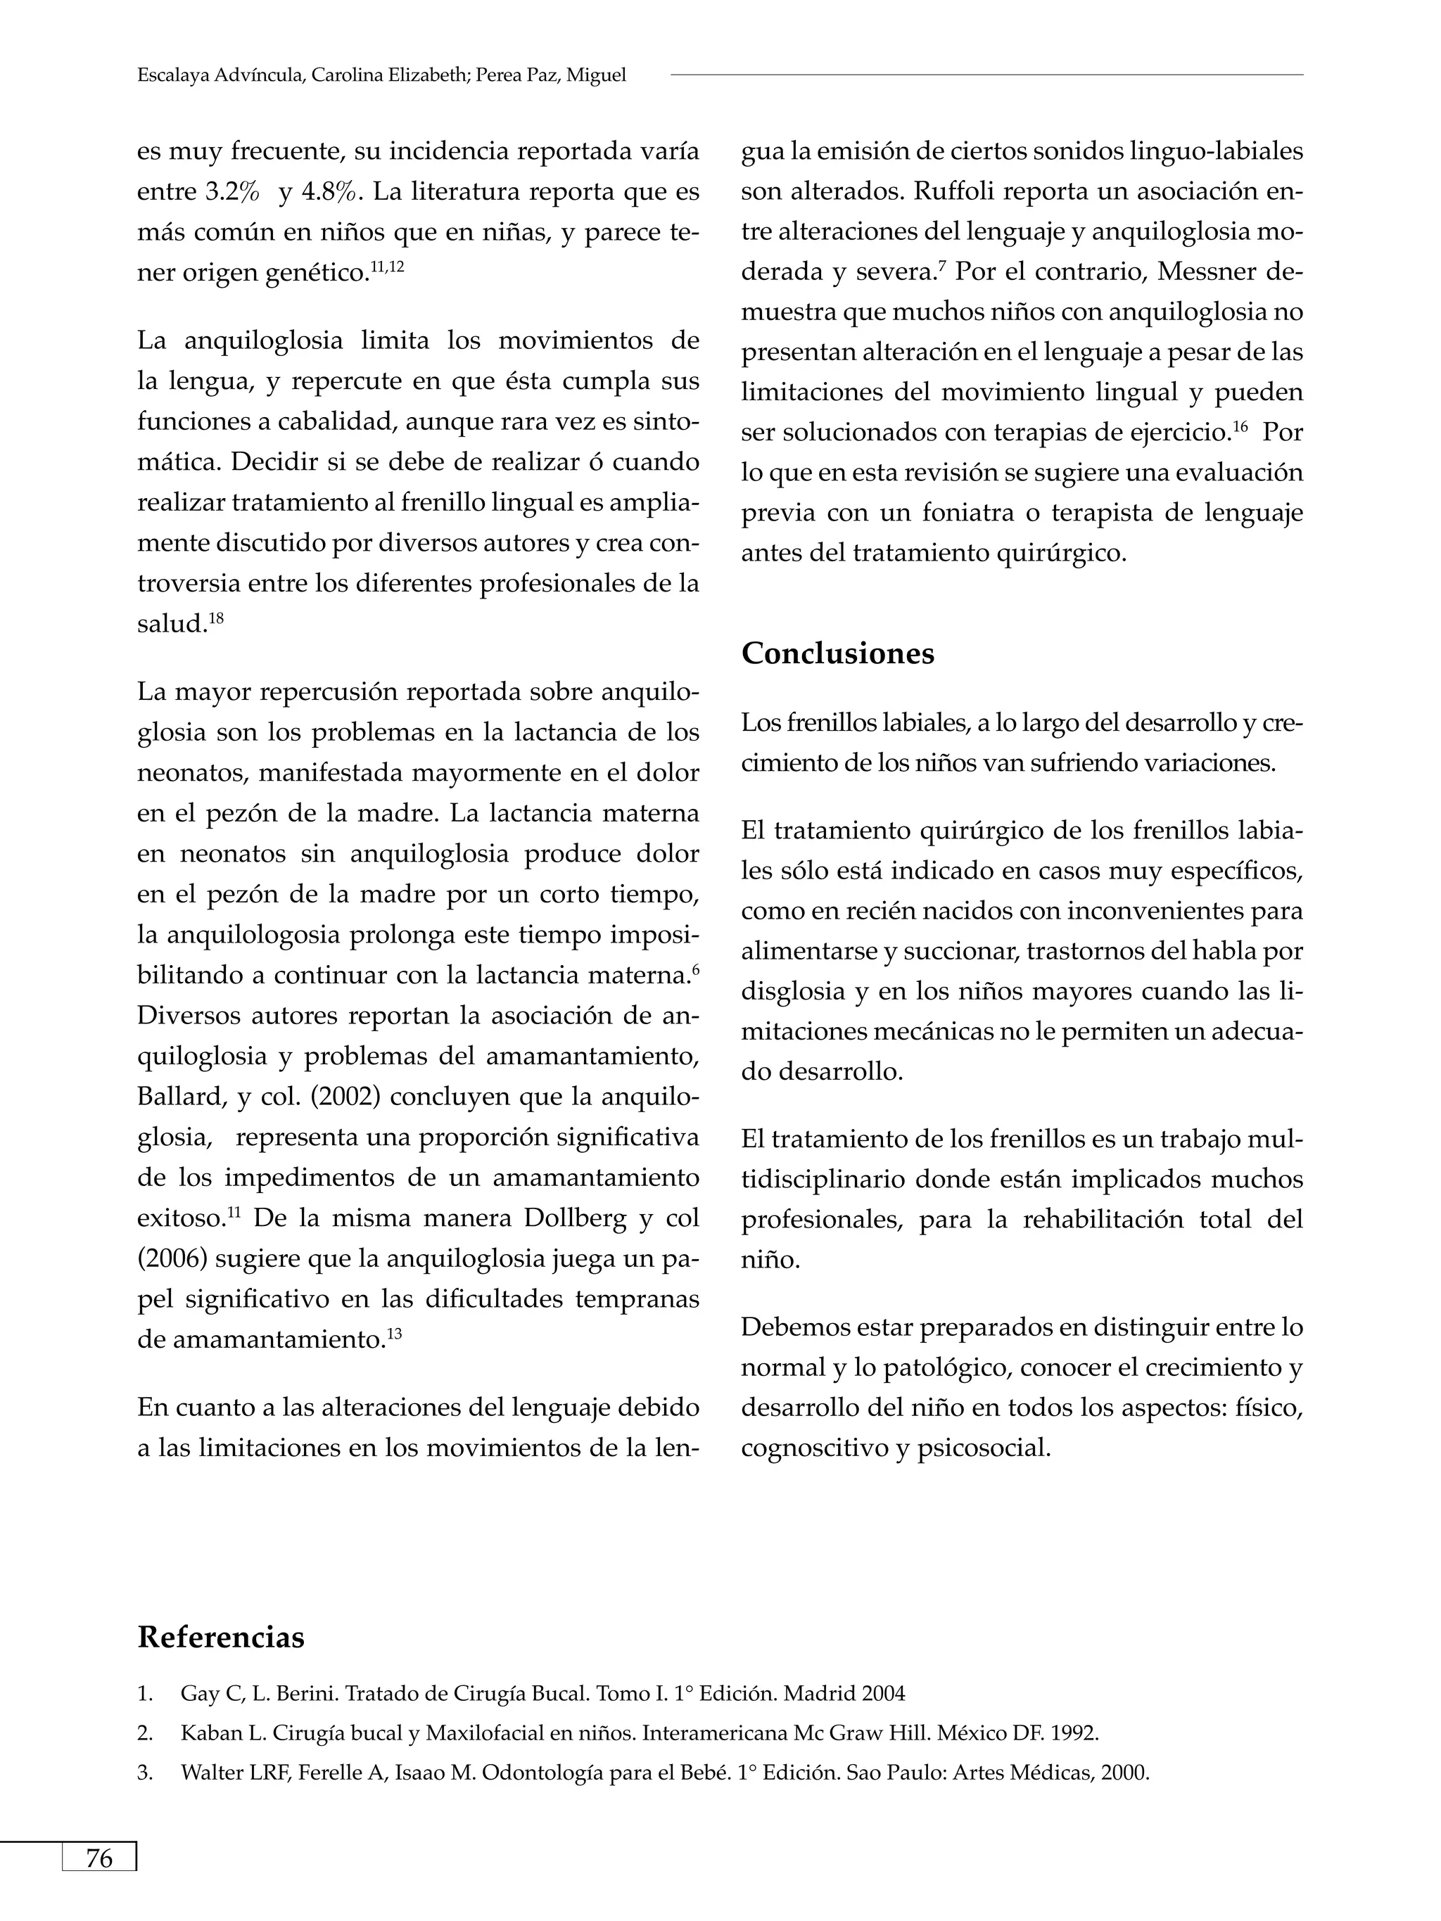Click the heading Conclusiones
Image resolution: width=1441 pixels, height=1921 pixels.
pyautogui.click(x=837, y=653)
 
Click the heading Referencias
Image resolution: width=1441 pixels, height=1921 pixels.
pyautogui.click(x=221, y=1637)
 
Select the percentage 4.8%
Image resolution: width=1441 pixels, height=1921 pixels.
pyautogui.click(x=327, y=192)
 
